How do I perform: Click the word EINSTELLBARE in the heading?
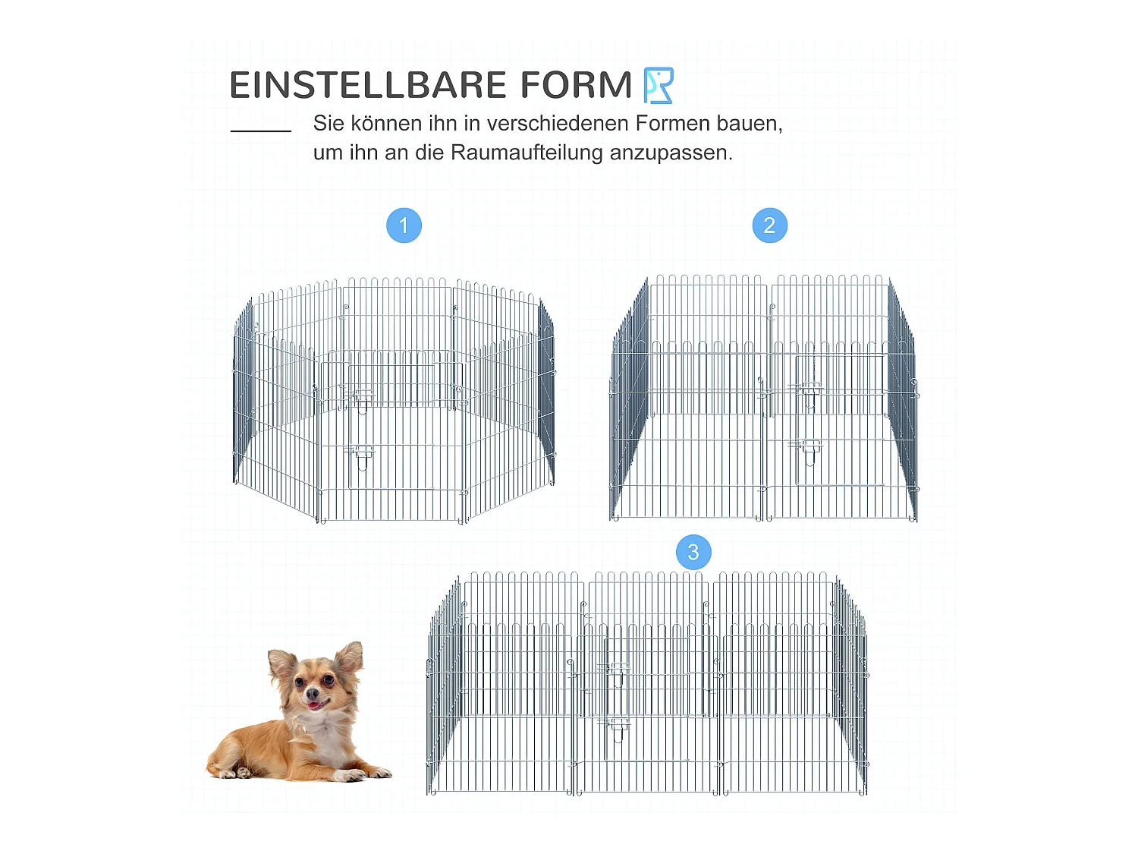pos(367,85)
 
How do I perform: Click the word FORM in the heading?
pos(576,85)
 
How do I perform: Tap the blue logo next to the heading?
pos(658,85)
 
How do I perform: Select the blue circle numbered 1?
pos(404,225)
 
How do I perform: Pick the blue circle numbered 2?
pos(769,225)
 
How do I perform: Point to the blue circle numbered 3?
pos(693,553)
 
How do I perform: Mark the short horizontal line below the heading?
pos(261,131)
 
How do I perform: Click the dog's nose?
pos(311,693)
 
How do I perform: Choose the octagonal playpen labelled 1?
pos(393,402)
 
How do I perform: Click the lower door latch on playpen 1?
pos(361,454)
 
